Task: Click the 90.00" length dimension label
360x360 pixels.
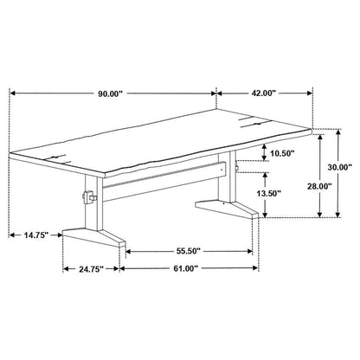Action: click(x=111, y=93)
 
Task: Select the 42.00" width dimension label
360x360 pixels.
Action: click(x=264, y=93)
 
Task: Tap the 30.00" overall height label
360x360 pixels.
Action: click(x=340, y=167)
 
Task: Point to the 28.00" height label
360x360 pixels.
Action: click(x=319, y=186)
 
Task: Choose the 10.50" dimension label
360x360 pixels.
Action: click(x=282, y=153)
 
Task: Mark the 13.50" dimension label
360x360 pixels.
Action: click(x=269, y=193)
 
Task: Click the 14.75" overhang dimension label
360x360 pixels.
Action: click(x=35, y=235)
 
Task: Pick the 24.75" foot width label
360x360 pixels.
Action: click(x=91, y=269)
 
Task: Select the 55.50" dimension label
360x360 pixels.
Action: click(x=189, y=251)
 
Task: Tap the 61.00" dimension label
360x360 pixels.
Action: click(x=185, y=268)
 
